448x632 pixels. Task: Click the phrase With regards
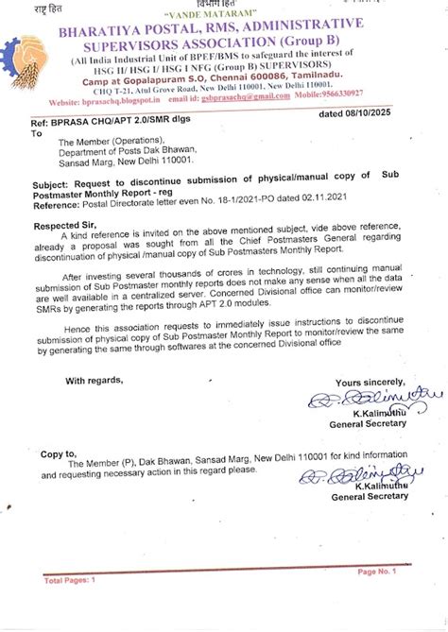point(94,381)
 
